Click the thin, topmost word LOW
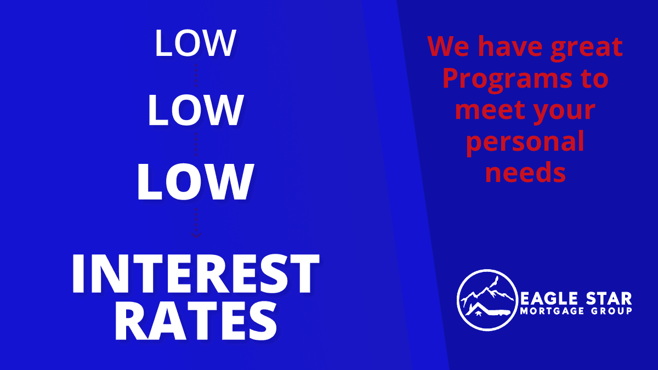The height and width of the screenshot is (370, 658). (195, 43)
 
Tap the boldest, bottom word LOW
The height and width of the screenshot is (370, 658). (195, 182)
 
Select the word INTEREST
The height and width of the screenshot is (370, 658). (195, 274)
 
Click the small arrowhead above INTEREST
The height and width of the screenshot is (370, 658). (196, 235)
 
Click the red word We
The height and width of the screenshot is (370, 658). (449, 46)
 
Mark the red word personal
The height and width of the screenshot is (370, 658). (525, 143)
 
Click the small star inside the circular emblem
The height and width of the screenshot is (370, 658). (478, 314)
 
